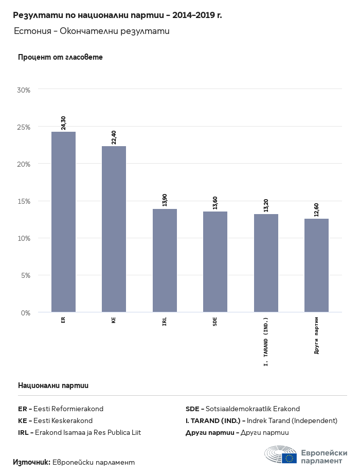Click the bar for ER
coord(63,222)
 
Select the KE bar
coord(114,229)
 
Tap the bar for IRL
coord(165,260)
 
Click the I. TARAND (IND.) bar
coord(266,263)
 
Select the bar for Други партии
coord(316,265)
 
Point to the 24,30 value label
coord(63,122)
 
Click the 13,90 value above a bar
coord(165,200)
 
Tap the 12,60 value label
coord(316,209)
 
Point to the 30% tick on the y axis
coord(24,90)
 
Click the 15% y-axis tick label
coord(24,201)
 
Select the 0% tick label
coord(26,312)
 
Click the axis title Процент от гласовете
coord(60,57)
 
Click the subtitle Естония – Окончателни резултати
coord(92,31)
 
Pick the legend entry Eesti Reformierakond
coord(68,409)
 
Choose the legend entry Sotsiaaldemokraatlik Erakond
coord(252,409)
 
